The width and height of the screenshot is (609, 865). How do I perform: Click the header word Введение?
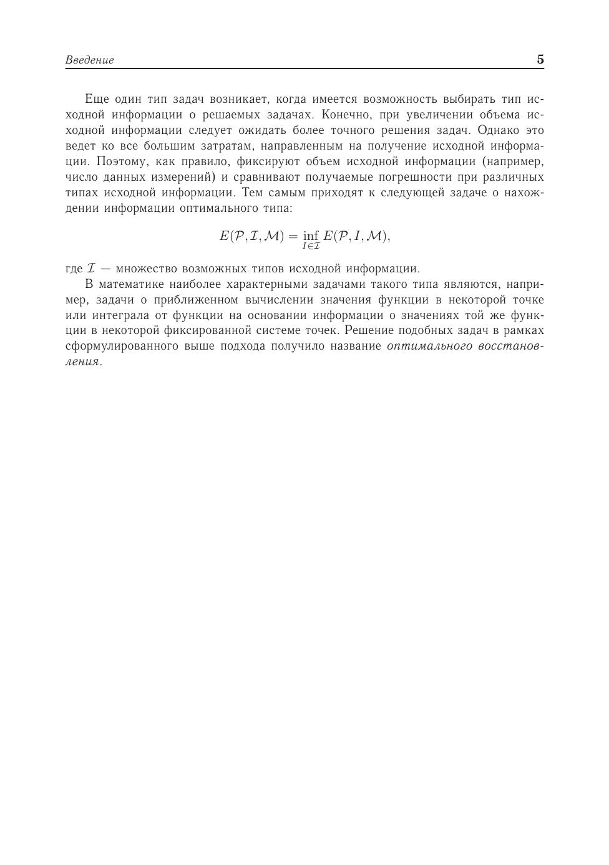click(89, 60)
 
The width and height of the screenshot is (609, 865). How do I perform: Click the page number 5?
click(540, 60)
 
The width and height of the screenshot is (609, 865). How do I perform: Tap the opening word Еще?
click(97, 99)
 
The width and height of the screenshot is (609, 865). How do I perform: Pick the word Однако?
click(497, 130)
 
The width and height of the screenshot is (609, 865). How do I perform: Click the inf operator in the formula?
click(310, 236)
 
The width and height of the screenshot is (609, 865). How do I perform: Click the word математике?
click(129, 285)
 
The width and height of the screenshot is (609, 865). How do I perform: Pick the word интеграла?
click(120, 315)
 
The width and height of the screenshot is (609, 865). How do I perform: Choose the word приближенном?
click(191, 300)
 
